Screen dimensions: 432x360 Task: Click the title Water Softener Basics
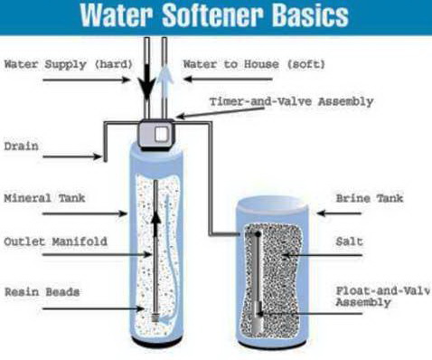(214, 15)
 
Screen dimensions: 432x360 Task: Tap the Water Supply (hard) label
(69, 64)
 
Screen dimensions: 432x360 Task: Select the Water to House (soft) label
(254, 64)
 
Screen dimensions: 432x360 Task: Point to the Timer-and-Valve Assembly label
(291, 101)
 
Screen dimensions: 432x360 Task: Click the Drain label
(22, 147)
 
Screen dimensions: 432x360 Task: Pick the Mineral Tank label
(44, 198)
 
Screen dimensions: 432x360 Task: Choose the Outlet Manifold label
(56, 242)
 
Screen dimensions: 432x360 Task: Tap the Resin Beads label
(42, 292)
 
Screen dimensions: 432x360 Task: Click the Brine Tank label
(370, 198)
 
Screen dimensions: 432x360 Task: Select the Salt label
(350, 242)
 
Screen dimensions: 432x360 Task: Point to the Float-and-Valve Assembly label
(382, 297)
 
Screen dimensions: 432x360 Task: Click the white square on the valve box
(161, 134)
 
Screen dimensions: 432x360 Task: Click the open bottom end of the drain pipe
(106, 161)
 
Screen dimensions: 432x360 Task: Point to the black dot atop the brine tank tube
(258, 233)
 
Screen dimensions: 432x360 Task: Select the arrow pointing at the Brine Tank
(339, 213)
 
